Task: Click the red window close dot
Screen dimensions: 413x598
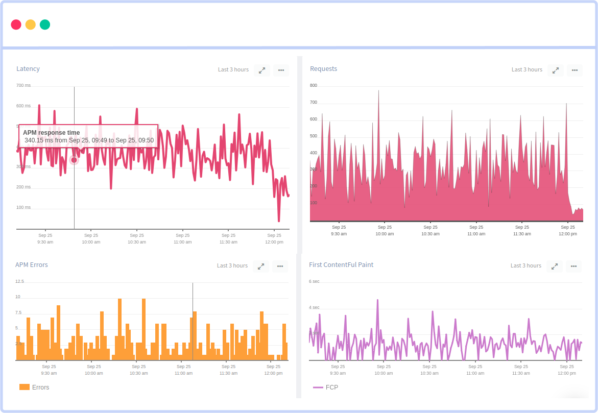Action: (x=16, y=25)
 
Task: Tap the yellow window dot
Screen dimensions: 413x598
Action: (x=31, y=25)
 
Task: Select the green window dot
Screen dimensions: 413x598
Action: (x=45, y=25)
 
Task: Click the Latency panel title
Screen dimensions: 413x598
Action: (x=28, y=69)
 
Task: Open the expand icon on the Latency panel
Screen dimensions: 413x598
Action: (x=262, y=70)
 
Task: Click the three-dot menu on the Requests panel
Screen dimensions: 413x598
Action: (x=575, y=70)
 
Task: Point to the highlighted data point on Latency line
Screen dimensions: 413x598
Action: (x=74, y=160)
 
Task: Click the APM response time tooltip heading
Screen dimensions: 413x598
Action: (x=51, y=133)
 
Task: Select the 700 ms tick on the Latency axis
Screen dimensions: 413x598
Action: (x=23, y=85)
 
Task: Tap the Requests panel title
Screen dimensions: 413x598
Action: (x=323, y=69)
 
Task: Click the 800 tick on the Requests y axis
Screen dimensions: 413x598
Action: (x=314, y=85)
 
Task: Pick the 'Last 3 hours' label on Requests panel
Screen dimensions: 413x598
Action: (x=527, y=69)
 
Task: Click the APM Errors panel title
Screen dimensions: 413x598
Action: (x=32, y=265)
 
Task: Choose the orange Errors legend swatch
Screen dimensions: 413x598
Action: (x=25, y=387)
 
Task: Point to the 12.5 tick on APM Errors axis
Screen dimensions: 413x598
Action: (x=20, y=281)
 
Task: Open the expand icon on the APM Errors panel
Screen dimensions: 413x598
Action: (x=261, y=266)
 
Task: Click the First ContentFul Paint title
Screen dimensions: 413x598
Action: (x=341, y=265)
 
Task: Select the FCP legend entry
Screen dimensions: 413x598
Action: (x=326, y=387)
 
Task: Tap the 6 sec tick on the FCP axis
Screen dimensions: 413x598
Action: (x=314, y=281)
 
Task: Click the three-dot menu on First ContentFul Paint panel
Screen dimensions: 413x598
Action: (x=573, y=266)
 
